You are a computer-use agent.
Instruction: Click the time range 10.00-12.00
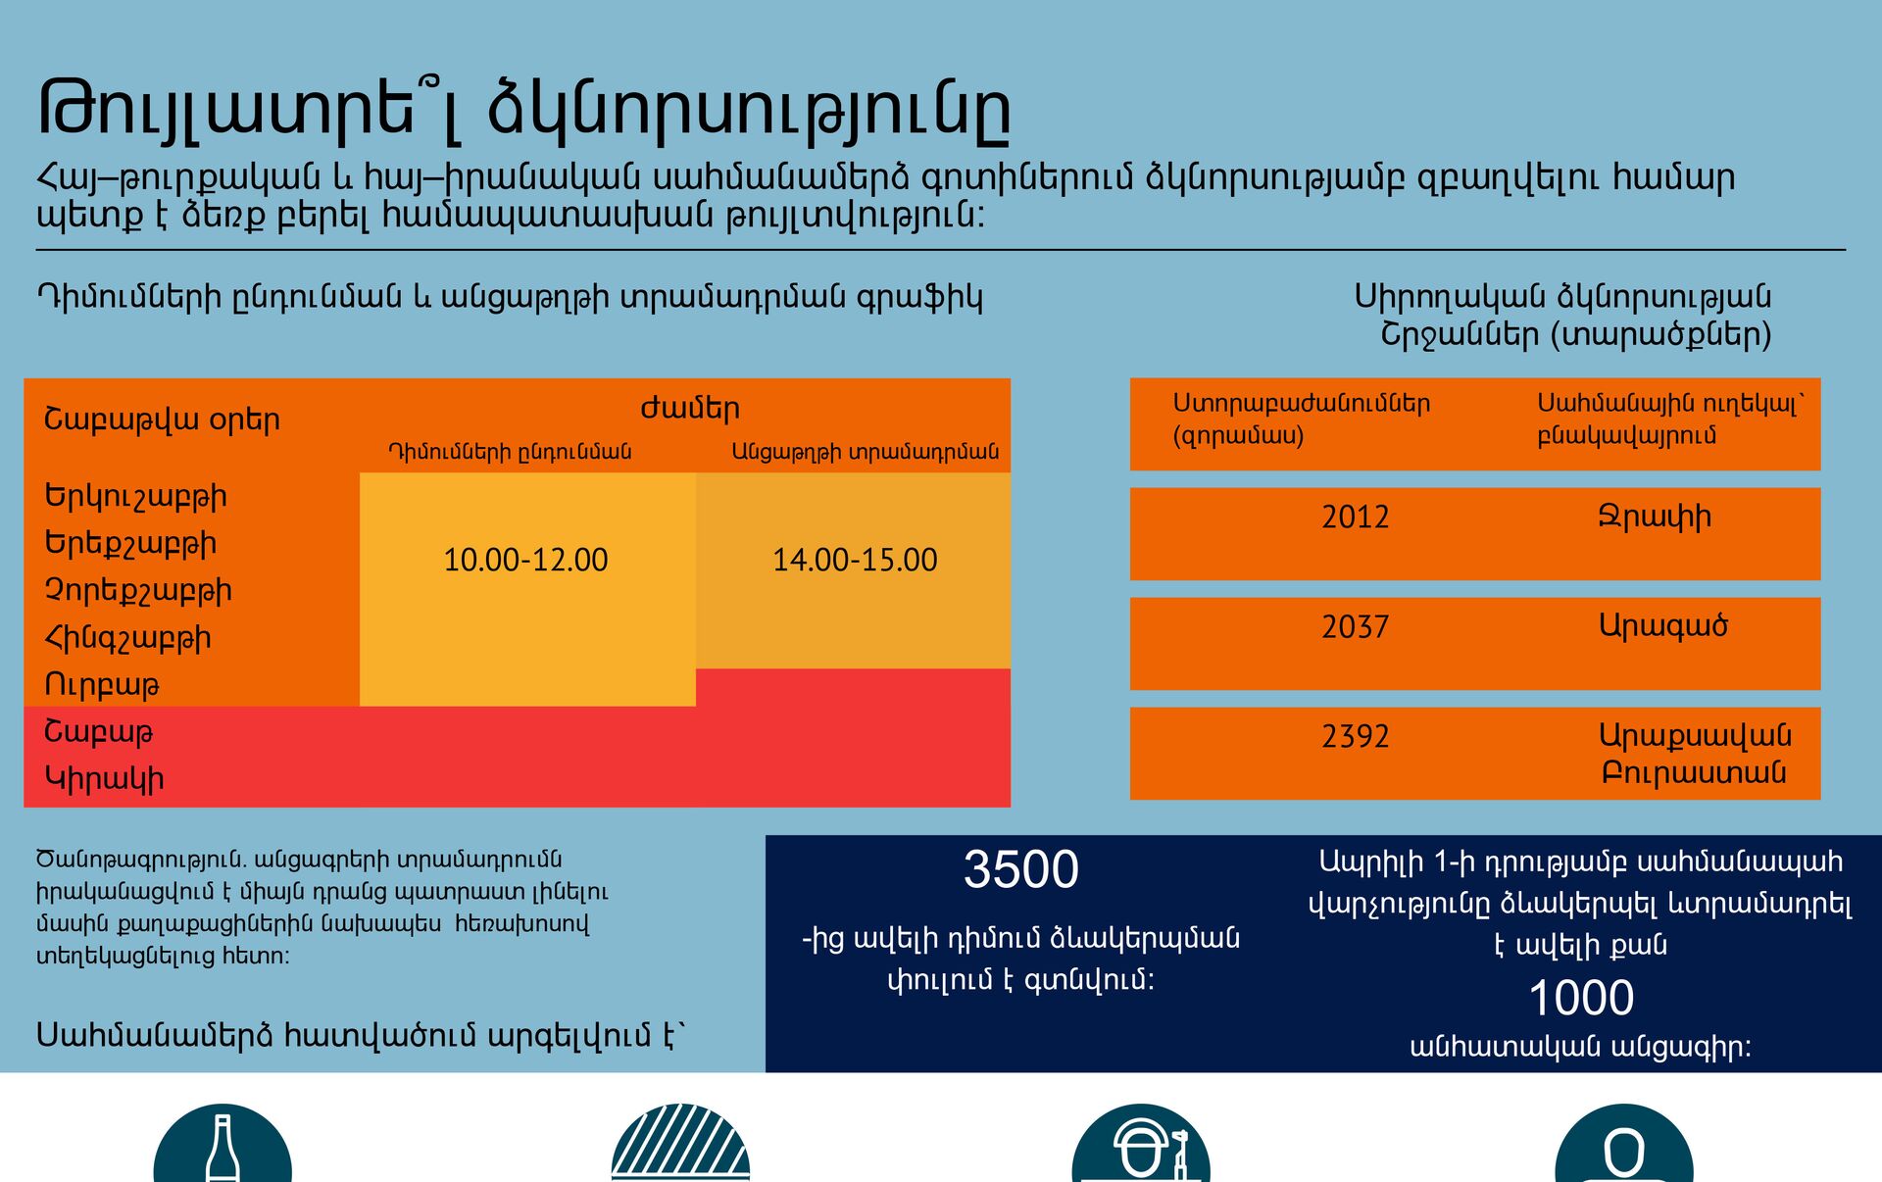525,560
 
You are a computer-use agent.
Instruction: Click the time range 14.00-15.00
855,560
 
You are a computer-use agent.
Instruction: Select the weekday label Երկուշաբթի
136,497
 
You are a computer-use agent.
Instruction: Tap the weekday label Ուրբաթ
102,685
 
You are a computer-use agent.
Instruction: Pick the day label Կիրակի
104,779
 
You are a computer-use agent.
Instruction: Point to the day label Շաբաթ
99,732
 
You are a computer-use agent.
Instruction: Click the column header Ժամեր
690,409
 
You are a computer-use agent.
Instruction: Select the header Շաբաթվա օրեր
163,419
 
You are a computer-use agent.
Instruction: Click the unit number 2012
1356,517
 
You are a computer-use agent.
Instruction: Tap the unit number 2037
1356,626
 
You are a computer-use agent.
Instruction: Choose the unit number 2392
1356,736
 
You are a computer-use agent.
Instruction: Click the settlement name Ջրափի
1656,517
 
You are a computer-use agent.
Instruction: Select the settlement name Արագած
1663,625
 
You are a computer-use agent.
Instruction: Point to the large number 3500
1021,869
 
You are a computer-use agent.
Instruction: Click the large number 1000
1581,998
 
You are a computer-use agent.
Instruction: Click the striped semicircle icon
680,1143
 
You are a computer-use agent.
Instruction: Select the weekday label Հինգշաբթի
128,638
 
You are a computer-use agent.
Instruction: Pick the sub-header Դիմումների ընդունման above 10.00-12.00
510,452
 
